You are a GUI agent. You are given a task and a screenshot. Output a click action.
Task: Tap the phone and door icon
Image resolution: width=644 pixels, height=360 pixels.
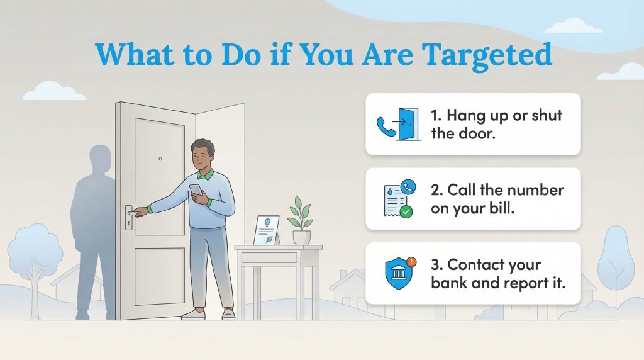click(397, 125)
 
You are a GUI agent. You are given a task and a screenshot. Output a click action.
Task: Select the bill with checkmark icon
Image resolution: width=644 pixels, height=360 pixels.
click(397, 199)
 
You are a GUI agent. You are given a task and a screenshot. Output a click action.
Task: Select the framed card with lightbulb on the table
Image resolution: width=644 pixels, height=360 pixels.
click(265, 230)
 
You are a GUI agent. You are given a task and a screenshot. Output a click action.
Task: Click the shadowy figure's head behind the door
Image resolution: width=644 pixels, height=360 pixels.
click(101, 160)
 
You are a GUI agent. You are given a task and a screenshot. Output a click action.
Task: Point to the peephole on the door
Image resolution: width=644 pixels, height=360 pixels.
click(160, 159)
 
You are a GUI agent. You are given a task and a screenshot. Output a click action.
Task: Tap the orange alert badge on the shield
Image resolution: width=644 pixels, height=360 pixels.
click(411, 261)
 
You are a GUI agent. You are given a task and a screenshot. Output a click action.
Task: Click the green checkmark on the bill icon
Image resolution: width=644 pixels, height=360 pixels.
click(406, 212)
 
